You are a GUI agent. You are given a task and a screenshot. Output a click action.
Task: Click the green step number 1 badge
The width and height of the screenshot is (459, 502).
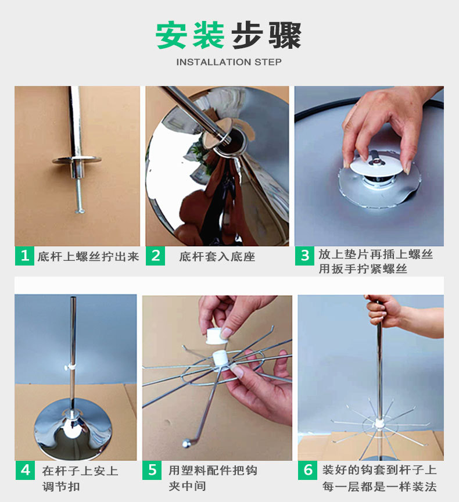click(24, 256)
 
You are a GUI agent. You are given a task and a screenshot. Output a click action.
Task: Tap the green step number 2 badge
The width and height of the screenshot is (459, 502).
click(156, 256)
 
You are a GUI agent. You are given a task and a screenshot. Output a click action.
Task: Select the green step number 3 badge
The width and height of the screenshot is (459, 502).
click(304, 256)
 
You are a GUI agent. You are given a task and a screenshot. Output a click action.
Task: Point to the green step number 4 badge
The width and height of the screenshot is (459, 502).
click(26, 470)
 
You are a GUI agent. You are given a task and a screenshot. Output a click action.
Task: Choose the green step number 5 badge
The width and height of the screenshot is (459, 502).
click(152, 470)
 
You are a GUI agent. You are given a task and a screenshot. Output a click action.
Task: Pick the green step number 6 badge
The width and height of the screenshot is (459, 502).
click(307, 470)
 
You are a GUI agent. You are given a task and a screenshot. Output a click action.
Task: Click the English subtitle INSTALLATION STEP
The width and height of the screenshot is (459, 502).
click(229, 62)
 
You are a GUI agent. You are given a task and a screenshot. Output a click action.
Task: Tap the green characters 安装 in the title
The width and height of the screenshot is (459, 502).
click(190, 35)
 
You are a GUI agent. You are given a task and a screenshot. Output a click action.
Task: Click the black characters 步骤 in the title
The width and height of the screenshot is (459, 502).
click(266, 35)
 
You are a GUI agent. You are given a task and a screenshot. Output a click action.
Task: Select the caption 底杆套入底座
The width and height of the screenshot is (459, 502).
click(217, 256)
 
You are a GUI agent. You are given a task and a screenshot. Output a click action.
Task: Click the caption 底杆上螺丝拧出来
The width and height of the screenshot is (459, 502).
click(88, 256)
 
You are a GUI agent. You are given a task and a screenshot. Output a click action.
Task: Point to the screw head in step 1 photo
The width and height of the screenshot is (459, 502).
click(80, 211)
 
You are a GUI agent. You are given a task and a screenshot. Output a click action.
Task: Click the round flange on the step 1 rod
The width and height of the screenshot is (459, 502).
click(77, 160)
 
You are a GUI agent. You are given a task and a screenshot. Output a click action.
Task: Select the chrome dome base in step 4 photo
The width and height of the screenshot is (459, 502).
click(73, 429)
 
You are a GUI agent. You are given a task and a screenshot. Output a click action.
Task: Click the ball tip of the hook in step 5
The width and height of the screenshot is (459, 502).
click(186, 443)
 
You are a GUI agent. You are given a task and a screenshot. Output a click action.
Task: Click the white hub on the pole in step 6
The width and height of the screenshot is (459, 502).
click(379, 423)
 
